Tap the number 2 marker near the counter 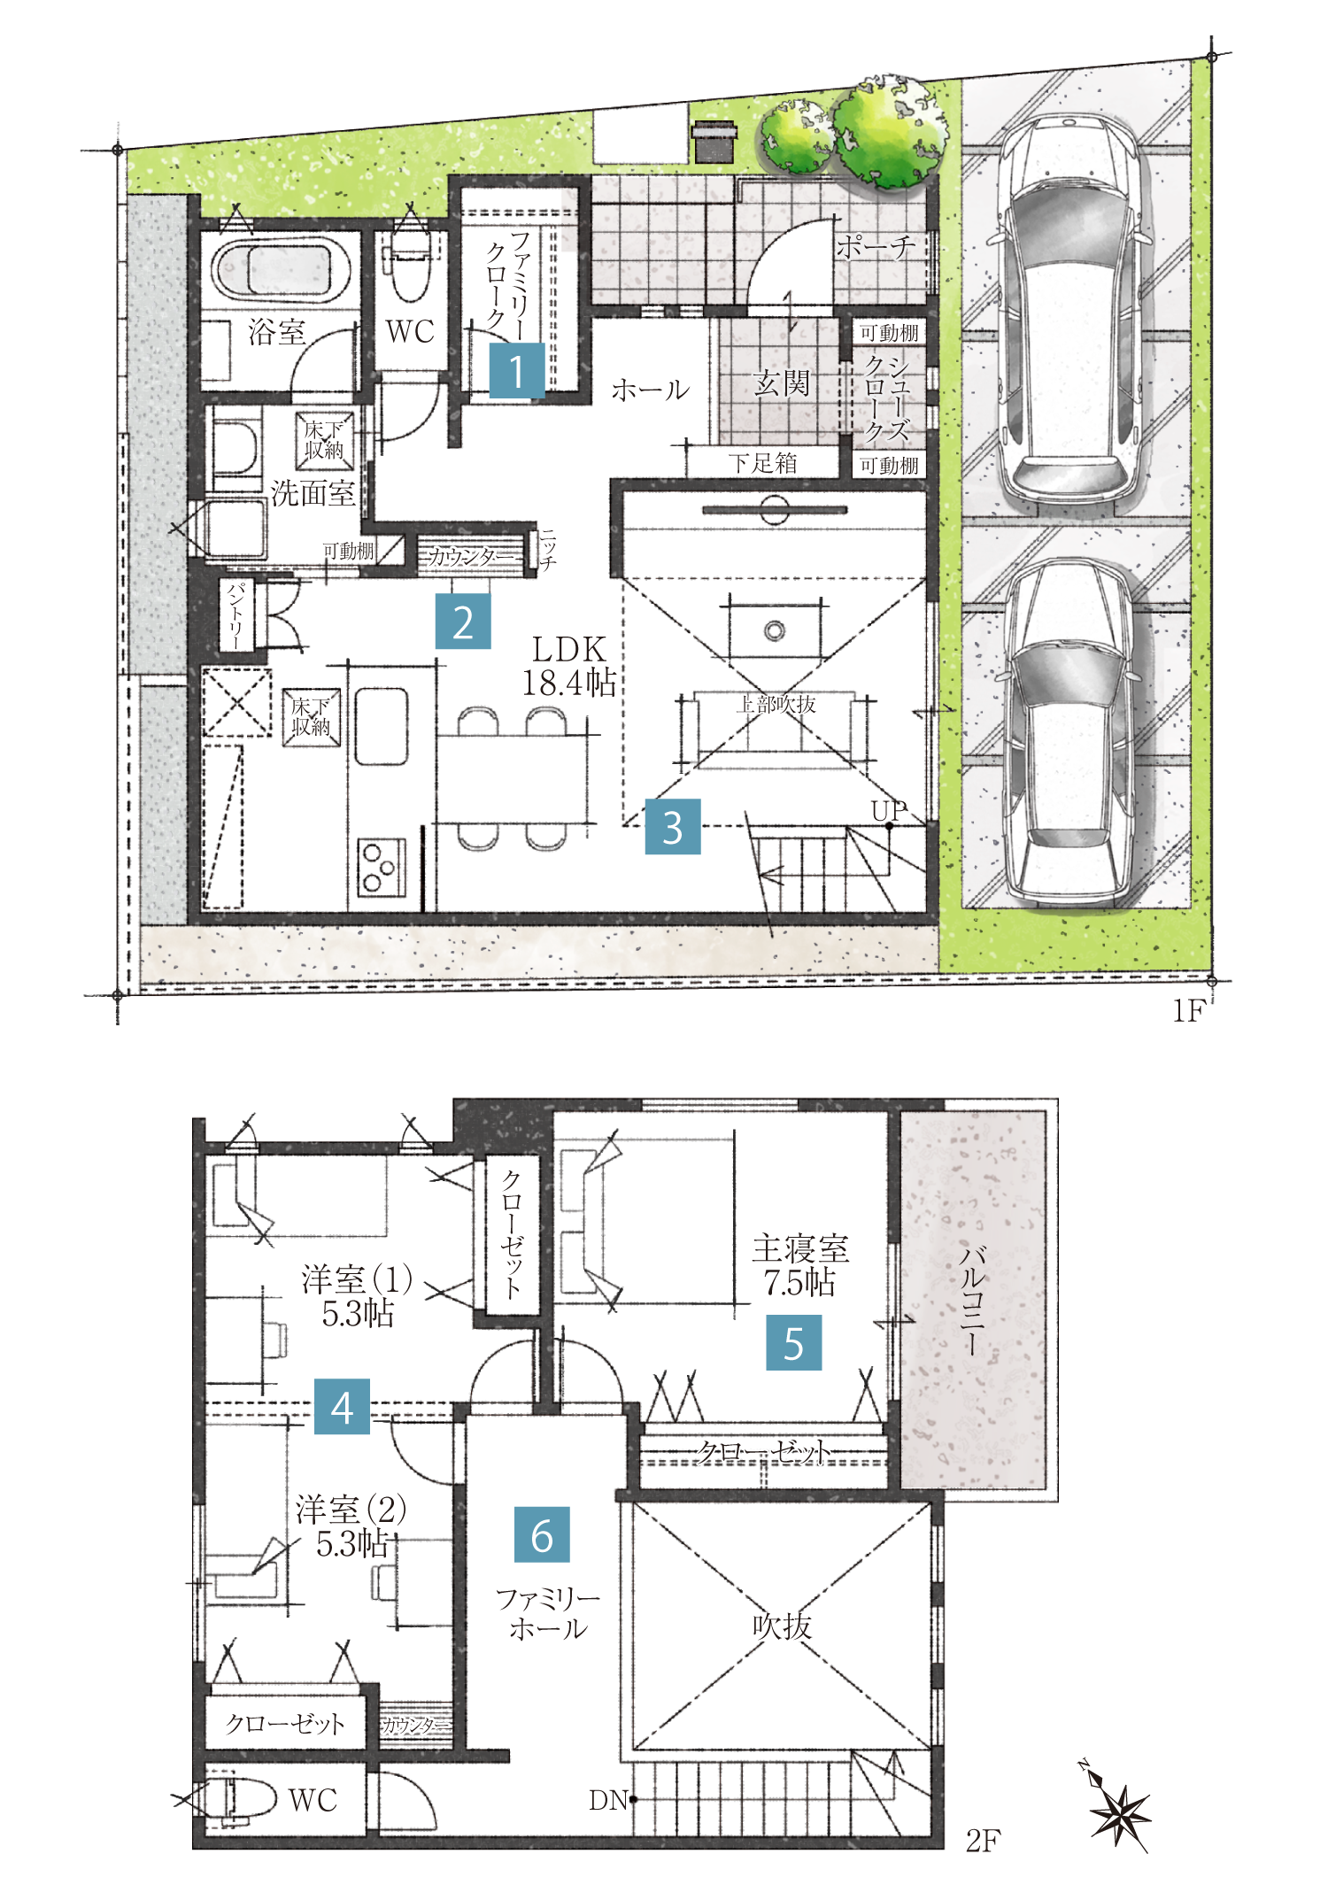click(x=462, y=622)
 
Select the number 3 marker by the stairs click(x=673, y=827)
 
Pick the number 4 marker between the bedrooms click(x=342, y=1406)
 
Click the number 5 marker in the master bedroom click(x=794, y=1342)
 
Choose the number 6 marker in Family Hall click(x=542, y=1534)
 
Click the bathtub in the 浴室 click(x=275, y=267)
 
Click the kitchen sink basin click(x=382, y=726)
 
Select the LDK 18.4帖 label click(x=568, y=666)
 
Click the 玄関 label click(x=782, y=383)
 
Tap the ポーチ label click(x=875, y=246)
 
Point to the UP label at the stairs click(x=889, y=810)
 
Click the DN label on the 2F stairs click(x=608, y=1800)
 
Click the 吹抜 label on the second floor click(x=782, y=1626)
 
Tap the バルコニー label click(x=973, y=1300)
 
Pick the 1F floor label click(x=1189, y=1010)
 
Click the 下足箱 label click(x=763, y=462)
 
